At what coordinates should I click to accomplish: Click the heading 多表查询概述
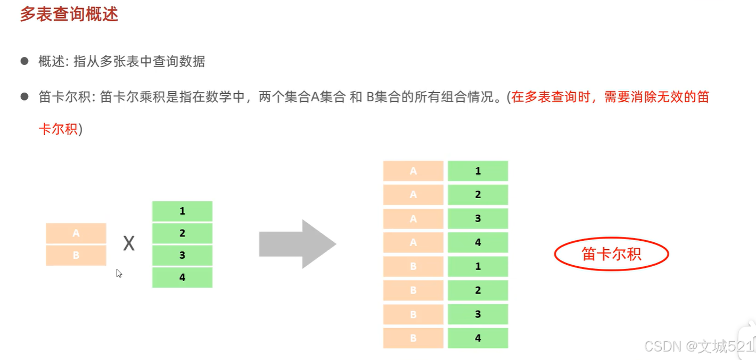point(69,14)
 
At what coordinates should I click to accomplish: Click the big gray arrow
point(297,244)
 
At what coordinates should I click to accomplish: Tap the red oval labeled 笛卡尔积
point(611,254)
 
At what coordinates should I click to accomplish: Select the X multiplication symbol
point(129,244)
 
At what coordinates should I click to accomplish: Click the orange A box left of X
point(76,233)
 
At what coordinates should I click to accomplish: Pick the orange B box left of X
point(76,255)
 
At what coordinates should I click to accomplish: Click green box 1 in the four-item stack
point(182,211)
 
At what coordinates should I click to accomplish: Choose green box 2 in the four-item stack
point(182,233)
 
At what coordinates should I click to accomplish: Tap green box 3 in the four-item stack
point(182,255)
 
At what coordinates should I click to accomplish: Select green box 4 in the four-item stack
point(182,277)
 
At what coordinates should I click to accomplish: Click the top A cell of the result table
point(413,171)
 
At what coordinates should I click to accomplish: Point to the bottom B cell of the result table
point(413,338)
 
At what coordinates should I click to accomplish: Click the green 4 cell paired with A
point(478,242)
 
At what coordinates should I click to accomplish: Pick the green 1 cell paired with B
point(478,266)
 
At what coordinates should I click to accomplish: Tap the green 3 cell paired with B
point(478,314)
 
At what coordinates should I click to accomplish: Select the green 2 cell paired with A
point(478,195)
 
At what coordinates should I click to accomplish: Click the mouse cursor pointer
point(119,273)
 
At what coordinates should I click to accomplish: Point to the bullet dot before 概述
point(24,61)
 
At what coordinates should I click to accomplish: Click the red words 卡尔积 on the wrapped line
point(58,129)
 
